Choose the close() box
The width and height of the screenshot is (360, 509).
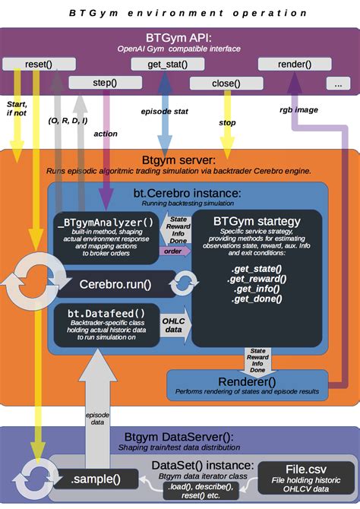pos(226,84)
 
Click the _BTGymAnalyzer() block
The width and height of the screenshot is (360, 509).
pos(105,236)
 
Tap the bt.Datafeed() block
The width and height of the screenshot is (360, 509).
pos(105,325)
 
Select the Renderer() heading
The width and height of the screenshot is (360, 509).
pos(247,381)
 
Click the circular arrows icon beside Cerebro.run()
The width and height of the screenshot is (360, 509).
pos(182,285)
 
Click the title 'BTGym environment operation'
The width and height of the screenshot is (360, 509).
pos(179,13)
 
